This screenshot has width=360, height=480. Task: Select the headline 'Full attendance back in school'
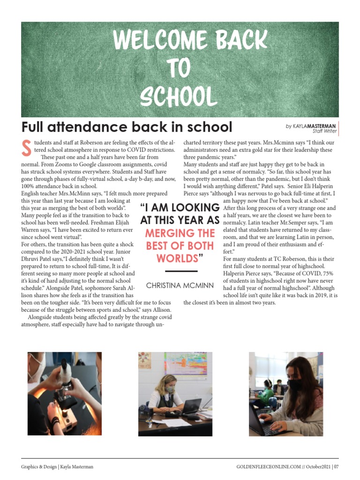127,127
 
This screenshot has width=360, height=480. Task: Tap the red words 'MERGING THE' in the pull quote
180,233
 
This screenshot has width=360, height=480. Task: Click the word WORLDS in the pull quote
178,258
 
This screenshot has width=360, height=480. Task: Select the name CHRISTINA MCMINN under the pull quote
180,285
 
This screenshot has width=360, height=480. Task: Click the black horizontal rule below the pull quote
180,271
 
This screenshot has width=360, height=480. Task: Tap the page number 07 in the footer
337,467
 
